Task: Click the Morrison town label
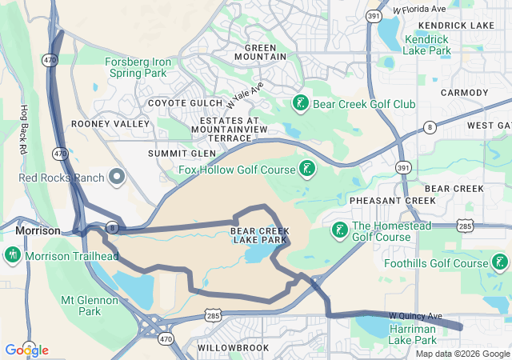(x=38, y=230)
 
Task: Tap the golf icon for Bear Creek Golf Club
(x=300, y=104)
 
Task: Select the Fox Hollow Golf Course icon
(x=306, y=168)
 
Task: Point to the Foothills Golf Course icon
(x=499, y=262)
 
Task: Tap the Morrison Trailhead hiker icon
(x=13, y=256)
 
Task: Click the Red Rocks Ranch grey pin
(x=118, y=176)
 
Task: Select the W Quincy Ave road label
(x=415, y=316)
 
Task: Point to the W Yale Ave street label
(x=244, y=96)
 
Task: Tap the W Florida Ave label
(x=419, y=10)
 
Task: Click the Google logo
(x=26, y=350)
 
